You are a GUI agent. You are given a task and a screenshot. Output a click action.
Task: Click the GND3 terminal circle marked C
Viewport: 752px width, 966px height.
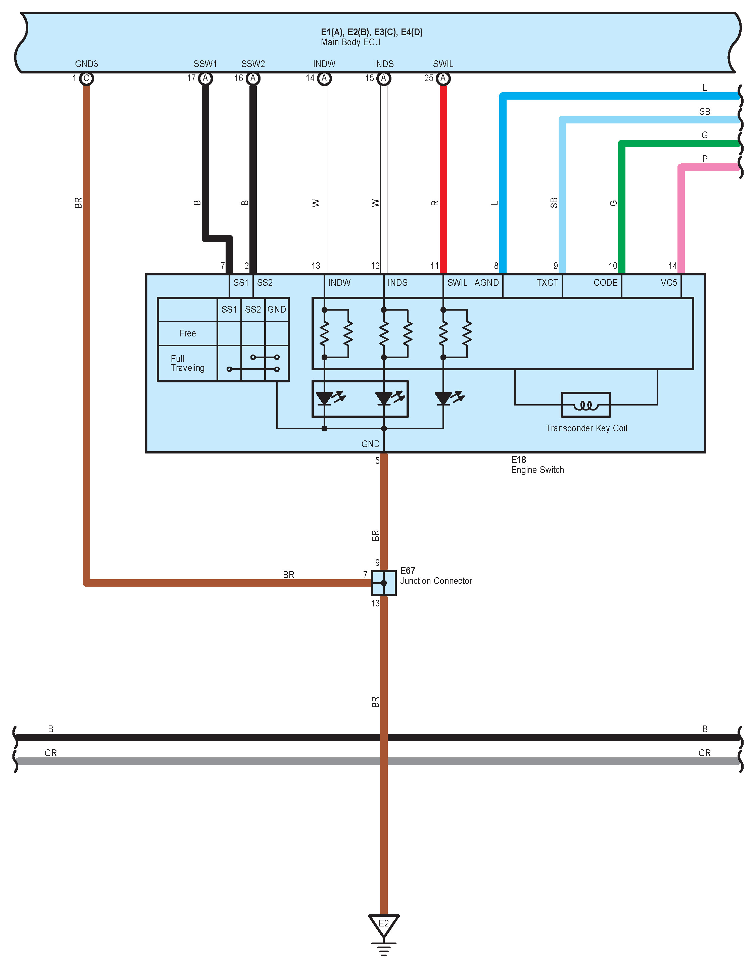(86, 78)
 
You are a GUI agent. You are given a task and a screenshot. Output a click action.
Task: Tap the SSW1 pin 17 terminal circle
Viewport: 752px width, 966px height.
(205, 78)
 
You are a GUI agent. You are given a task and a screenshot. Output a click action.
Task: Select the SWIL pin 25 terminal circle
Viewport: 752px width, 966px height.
(442, 78)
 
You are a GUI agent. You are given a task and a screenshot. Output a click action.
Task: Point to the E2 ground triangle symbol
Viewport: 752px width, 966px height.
(383, 924)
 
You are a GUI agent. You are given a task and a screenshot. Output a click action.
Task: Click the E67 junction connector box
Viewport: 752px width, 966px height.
(383, 583)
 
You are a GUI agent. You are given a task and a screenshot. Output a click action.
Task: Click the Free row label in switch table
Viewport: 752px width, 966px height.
(187, 333)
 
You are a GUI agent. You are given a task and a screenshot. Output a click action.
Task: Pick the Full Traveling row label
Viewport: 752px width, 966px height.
(187, 363)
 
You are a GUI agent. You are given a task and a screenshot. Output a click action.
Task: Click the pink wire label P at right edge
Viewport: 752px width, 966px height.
(705, 158)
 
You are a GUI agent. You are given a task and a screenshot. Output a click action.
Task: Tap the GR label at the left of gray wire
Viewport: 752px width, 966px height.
(50, 753)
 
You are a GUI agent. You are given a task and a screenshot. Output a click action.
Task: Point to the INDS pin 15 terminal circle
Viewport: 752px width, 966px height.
(383, 78)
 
